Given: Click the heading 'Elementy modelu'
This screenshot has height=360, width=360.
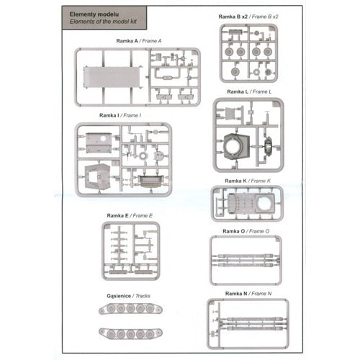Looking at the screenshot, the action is pos(94,14).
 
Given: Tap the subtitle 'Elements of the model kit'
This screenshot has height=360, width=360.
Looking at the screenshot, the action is pos(103,22).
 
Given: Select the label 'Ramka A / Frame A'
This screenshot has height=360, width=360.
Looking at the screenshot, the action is pos(139,41).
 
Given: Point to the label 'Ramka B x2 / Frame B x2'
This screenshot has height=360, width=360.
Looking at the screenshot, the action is pos(248,17).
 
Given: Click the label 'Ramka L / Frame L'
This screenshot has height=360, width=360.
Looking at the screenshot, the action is pos(249,91).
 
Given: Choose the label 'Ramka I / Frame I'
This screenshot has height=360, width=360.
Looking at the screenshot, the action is pos(120,115).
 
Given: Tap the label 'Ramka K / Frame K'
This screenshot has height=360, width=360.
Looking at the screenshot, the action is pos(248,181).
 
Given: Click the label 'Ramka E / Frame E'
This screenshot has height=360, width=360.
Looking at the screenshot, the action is pos(130,216).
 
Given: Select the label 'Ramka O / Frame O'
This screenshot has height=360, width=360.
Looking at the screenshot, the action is pos(246,231).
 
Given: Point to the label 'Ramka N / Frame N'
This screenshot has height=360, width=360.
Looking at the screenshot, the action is pos(248,294).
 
